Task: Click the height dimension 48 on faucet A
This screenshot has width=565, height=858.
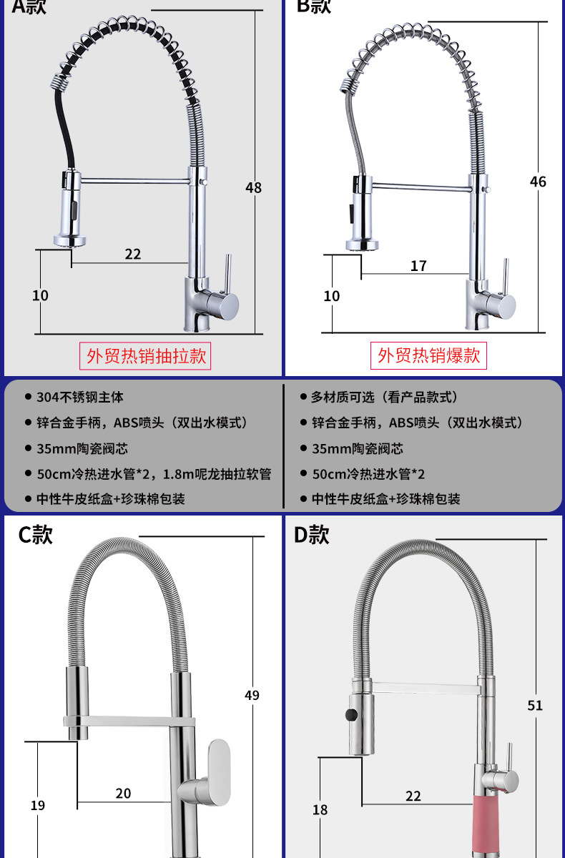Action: point(253,187)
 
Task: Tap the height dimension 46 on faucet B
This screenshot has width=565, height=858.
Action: point(538,182)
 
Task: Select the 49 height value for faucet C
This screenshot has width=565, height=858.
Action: point(252,694)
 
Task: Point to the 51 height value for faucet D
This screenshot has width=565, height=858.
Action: point(535,705)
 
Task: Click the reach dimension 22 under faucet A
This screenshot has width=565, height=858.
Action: point(133,254)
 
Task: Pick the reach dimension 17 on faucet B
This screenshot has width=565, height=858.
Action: point(418,265)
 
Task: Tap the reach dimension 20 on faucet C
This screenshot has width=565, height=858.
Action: point(123,793)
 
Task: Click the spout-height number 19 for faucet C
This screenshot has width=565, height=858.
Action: point(37,805)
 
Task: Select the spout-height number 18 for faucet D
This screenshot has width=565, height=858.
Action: point(320,809)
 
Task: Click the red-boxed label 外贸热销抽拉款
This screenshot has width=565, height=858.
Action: point(147,355)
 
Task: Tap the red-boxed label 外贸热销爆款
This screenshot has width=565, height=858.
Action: point(429,355)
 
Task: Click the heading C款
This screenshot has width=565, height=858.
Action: point(36,534)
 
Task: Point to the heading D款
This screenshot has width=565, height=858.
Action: point(312,534)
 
